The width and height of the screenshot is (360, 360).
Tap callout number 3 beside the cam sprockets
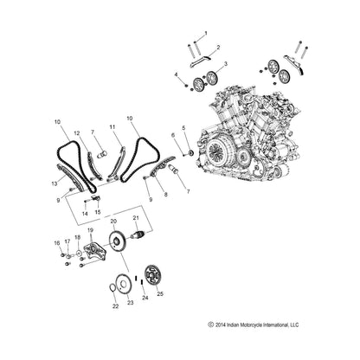point(226,64)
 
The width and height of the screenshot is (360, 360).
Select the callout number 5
point(182,127)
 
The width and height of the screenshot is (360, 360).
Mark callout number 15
point(97,212)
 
